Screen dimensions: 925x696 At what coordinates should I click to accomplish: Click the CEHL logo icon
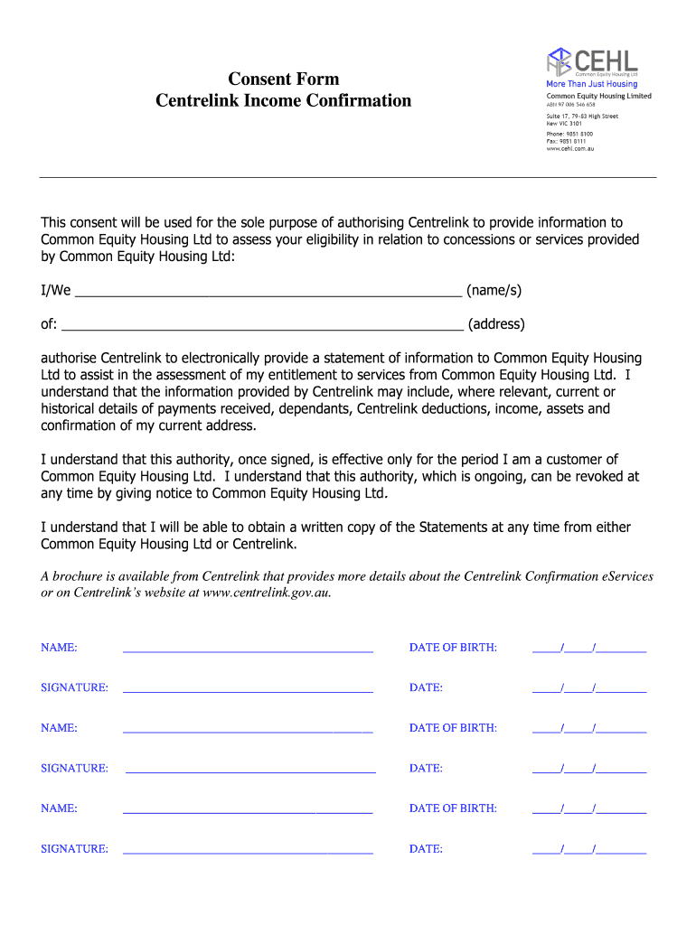pyautogui.click(x=559, y=61)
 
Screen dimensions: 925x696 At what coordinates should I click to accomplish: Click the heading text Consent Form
pyautogui.click(x=283, y=79)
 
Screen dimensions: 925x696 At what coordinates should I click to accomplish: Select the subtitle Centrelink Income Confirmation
pyautogui.click(x=283, y=100)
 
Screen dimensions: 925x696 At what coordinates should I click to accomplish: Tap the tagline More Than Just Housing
pyautogui.click(x=591, y=84)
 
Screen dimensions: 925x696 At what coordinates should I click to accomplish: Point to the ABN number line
pyautogui.click(x=570, y=105)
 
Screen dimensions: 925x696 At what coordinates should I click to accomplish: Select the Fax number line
pyautogui.click(x=566, y=141)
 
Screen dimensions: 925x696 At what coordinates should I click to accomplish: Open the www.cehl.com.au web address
pyautogui.click(x=569, y=149)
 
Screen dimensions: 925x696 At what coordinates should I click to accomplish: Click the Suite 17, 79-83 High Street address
pyautogui.click(x=582, y=117)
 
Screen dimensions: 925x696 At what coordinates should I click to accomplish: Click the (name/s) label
pyautogui.click(x=494, y=291)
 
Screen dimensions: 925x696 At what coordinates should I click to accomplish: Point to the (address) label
pyautogui.click(x=496, y=324)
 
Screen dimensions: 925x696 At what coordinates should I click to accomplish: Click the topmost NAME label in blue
pyautogui.click(x=59, y=648)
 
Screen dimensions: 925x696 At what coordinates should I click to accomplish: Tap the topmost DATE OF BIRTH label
pyautogui.click(x=453, y=648)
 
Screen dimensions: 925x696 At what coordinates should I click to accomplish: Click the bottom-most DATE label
pyautogui.click(x=426, y=849)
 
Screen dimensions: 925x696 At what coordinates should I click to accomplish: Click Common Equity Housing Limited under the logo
pyautogui.click(x=598, y=96)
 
